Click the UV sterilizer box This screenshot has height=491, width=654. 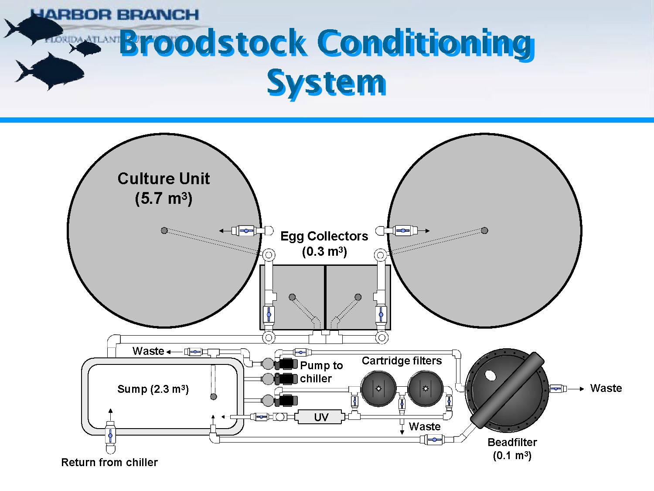pyautogui.click(x=321, y=417)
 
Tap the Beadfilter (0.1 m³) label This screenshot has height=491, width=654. pyautogui.click(x=512, y=449)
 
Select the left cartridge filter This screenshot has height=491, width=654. pyautogui.click(x=378, y=388)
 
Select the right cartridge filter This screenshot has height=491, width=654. pyautogui.click(x=426, y=388)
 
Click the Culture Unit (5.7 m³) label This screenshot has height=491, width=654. pyautogui.click(x=163, y=188)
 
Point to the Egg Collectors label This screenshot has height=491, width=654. pyautogui.click(x=324, y=243)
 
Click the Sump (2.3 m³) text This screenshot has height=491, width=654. pyautogui.click(x=153, y=389)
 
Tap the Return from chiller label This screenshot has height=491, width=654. pyautogui.click(x=109, y=462)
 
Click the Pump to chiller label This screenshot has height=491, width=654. pyautogui.click(x=321, y=372)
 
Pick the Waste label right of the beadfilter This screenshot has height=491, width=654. pyautogui.click(x=606, y=388)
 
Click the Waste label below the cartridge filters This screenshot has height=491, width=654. pyautogui.click(x=424, y=426)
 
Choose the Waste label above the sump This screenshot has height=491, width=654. pyautogui.click(x=148, y=351)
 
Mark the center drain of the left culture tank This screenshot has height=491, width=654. pyautogui.click(x=164, y=230)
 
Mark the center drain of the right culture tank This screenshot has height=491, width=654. pyautogui.click(x=484, y=230)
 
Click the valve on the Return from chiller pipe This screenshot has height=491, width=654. pyautogui.click(x=110, y=435)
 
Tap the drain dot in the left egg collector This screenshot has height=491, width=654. pyautogui.click(x=292, y=297)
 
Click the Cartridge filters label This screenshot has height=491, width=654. pyautogui.click(x=402, y=361)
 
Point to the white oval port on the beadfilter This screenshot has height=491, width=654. pyautogui.click(x=490, y=375)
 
